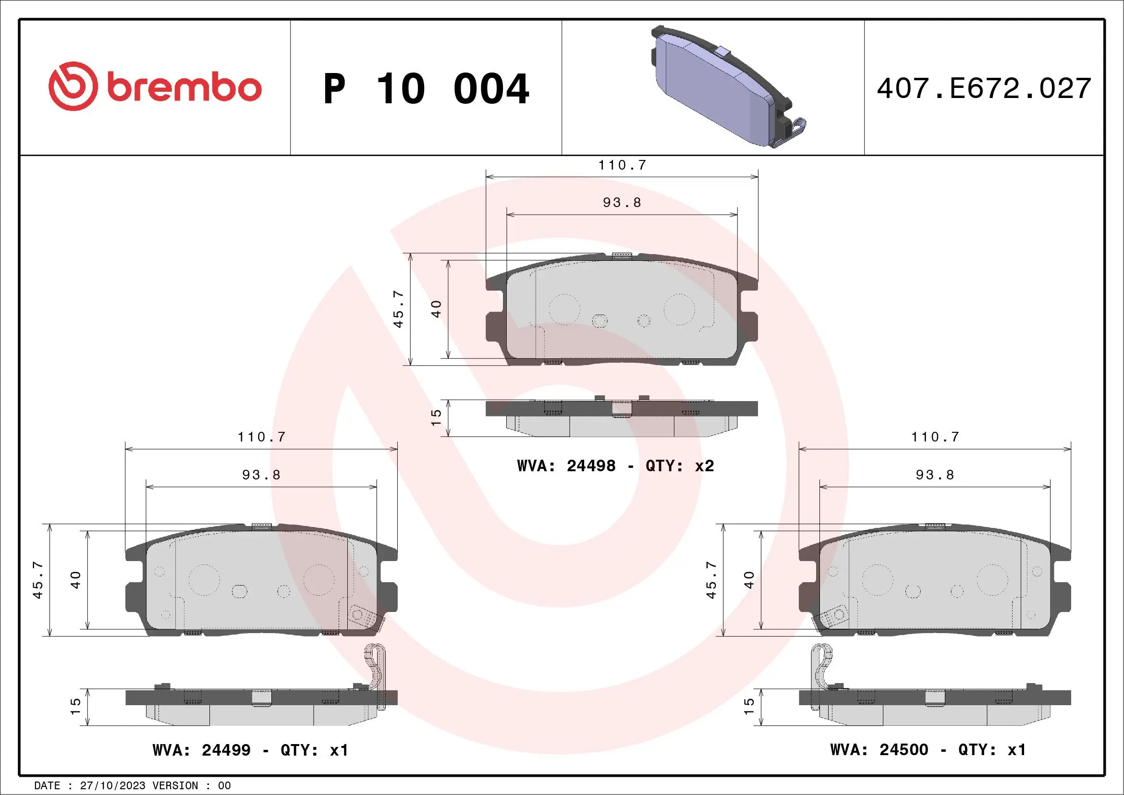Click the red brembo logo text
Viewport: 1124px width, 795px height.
(x=183, y=88)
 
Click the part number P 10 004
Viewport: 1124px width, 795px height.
(x=426, y=89)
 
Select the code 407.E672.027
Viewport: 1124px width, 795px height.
(x=984, y=88)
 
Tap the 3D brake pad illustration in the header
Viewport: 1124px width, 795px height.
(x=724, y=88)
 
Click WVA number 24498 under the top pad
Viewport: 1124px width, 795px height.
(x=591, y=465)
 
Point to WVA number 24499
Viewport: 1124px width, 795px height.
(x=226, y=750)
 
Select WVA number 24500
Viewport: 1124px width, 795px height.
(x=904, y=749)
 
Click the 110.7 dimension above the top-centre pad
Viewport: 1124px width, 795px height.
(x=622, y=165)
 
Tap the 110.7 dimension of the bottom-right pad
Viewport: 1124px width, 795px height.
(x=935, y=437)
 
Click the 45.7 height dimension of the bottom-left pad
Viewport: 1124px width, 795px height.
(x=38, y=580)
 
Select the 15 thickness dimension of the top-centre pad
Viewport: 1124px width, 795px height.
(x=436, y=417)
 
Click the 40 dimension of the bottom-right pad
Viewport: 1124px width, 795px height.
(x=749, y=580)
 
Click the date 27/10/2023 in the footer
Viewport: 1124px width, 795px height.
(x=112, y=785)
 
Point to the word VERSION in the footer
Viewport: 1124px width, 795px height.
(x=175, y=785)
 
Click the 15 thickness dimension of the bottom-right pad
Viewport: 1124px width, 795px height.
(x=749, y=706)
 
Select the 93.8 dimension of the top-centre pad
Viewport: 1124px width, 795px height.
(x=622, y=203)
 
